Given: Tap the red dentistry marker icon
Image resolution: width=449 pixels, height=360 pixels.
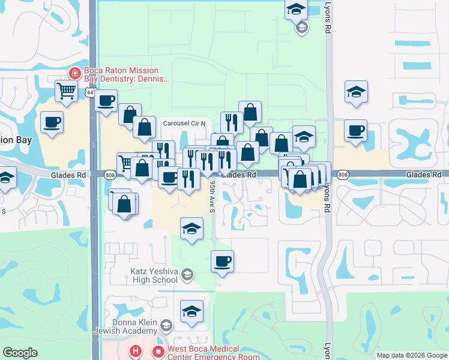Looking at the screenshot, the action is coord(75,73).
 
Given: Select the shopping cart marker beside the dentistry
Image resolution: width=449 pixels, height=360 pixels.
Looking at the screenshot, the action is coord(66,91).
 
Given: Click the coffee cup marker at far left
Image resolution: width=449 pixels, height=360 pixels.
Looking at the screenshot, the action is coord(52,122).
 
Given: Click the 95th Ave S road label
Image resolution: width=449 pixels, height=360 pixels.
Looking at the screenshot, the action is coord(212,198).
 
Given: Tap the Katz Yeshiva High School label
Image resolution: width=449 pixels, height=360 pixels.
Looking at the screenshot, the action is coord(154,275).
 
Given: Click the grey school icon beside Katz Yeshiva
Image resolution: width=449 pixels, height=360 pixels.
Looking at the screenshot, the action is coord(187,274).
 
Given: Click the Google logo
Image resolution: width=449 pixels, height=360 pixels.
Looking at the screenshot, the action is coord(20,353).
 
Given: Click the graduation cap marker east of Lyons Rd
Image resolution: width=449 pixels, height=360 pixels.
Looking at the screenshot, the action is coord(356,91).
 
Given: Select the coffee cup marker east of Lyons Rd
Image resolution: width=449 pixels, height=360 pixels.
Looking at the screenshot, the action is coord(356,130).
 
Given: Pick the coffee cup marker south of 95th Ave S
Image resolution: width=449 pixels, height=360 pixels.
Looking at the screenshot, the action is coord(222,261).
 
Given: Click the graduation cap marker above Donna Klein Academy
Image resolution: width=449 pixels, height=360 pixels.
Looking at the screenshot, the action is coord(191,311).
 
